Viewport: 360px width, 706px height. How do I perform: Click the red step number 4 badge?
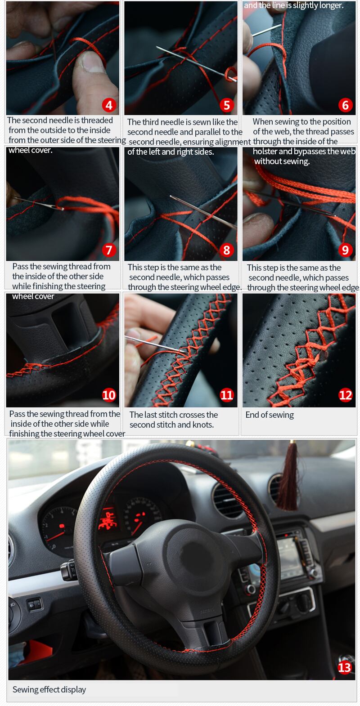coord(109,105)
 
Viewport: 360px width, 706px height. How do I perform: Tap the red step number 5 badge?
coord(226,105)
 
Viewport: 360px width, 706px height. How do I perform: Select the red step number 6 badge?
coord(345,105)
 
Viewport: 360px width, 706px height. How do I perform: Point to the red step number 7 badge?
coord(109,250)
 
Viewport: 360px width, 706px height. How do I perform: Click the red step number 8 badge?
coord(226,250)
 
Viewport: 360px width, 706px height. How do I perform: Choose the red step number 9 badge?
coord(345,250)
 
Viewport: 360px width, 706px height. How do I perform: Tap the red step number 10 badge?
coord(109,395)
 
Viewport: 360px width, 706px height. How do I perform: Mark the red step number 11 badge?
coord(226,395)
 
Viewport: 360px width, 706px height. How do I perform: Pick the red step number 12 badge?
coord(345,395)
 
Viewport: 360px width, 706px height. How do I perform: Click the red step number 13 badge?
coord(344,667)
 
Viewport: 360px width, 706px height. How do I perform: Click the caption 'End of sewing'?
coord(270,415)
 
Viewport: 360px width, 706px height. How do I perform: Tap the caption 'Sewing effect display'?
coord(49,689)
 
